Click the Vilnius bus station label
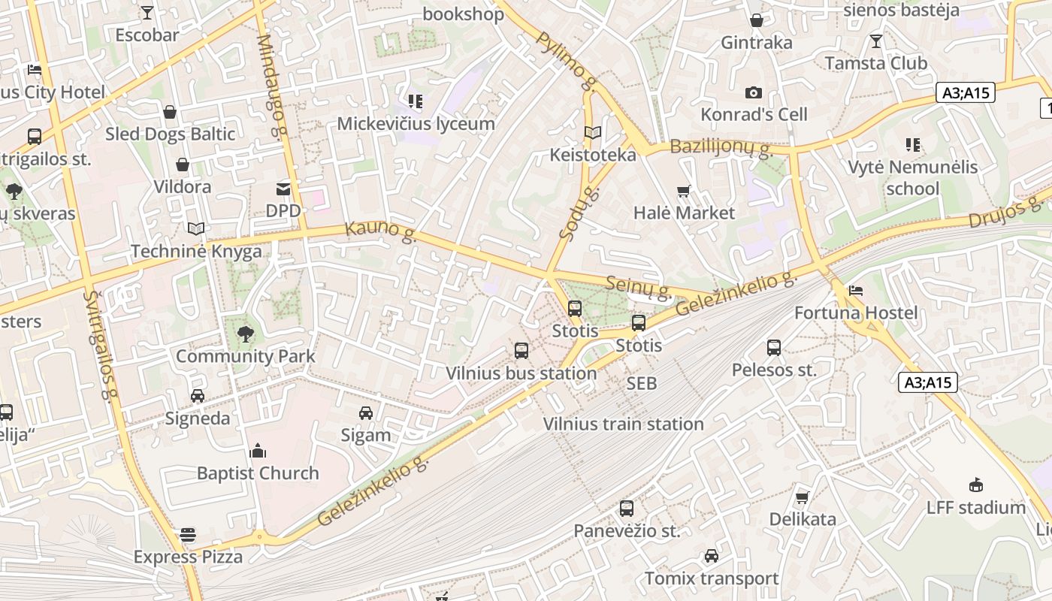click(x=521, y=373)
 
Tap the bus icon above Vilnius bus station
click(x=521, y=350)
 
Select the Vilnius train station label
click(x=624, y=424)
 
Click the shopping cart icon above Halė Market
click(x=684, y=191)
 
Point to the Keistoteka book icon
click(x=593, y=133)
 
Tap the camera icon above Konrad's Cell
click(x=754, y=92)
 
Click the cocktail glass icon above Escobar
click(x=147, y=12)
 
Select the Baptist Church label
click(x=258, y=473)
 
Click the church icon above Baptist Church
click(x=258, y=451)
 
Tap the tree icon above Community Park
click(x=245, y=334)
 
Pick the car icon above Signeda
click(x=198, y=396)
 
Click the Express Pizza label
click(x=188, y=557)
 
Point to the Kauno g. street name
click(x=381, y=231)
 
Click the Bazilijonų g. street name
click(x=721, y=147)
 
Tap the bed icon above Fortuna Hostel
click(x=856, y=291)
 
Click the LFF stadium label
click(x=976, y=508)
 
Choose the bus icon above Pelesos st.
click(x=774, y=347)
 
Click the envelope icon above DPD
click(x=283, y=189)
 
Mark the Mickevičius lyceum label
click(x=416, y=124)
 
